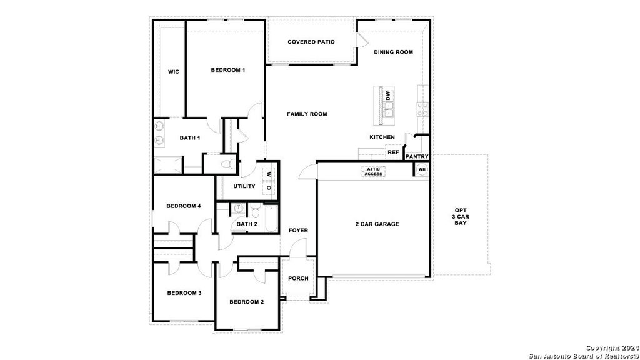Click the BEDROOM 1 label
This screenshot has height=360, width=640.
(227, 70)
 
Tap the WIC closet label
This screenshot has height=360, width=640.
(174, 72)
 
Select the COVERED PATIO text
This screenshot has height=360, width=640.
(311, 42)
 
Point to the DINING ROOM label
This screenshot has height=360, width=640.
(393, 52)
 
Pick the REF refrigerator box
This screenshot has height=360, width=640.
(393, 152)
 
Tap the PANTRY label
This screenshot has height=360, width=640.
(416, 156)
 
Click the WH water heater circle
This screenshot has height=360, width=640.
(421, 169)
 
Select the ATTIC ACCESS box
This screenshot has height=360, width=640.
(374, 171)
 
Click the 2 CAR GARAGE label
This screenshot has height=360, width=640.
(377, 224)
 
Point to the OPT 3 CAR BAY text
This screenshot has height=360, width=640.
(461, 216)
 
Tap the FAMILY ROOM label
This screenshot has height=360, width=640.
(307, 114)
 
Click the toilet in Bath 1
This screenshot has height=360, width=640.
(229, 164)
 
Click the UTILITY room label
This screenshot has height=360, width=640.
(244, 186)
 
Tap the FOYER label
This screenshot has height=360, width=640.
(298, 231)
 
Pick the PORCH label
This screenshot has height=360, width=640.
(298, 278)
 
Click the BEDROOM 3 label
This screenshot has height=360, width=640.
(184, 293)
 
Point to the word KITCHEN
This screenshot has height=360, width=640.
(382, 137)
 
